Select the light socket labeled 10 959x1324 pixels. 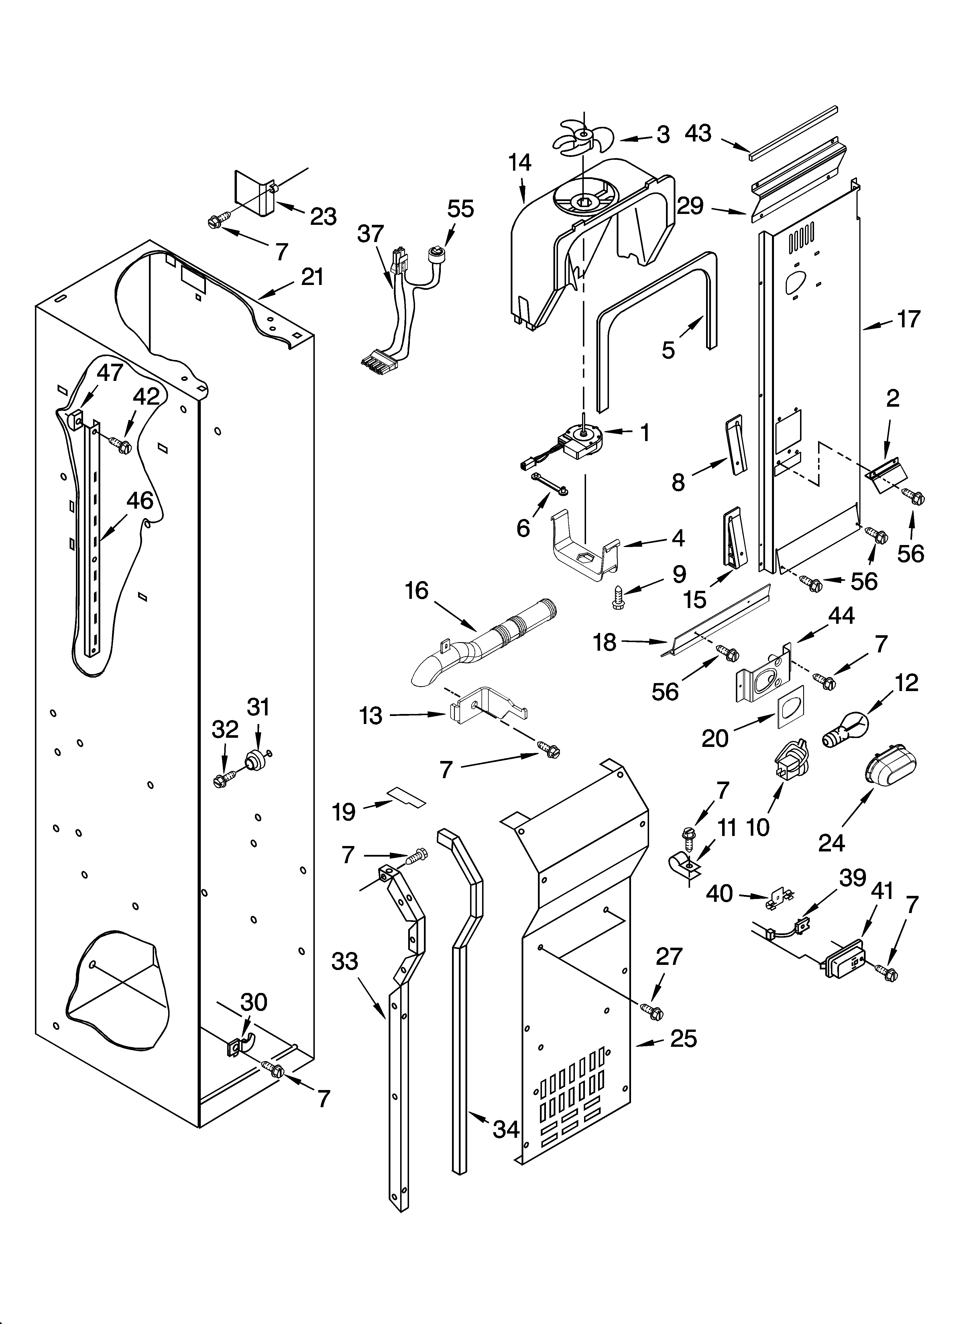point(789,759)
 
